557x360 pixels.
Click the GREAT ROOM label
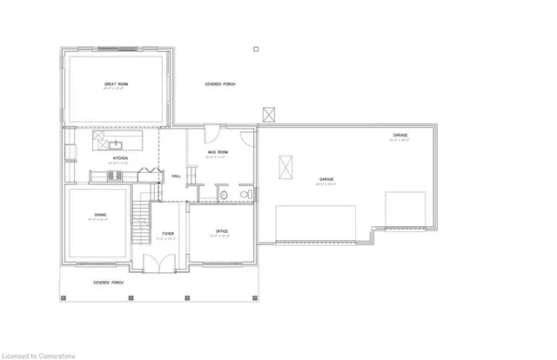click(x=116, y=84)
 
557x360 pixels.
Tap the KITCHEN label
click(x=119, y=157)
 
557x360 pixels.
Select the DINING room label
click(x=100, y=216)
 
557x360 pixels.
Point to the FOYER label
click(x=168, y=234)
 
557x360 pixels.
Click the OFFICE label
click(x=221, y=230)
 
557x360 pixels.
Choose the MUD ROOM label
click(x=217, y=152)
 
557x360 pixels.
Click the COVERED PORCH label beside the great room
click(x=220, y=84)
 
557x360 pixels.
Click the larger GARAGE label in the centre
click(x=325, y=179)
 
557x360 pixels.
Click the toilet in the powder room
click(x=248, y=194)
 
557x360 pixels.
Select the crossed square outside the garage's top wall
click(x=270, y=114)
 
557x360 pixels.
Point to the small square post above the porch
click(x=255, y=49)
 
